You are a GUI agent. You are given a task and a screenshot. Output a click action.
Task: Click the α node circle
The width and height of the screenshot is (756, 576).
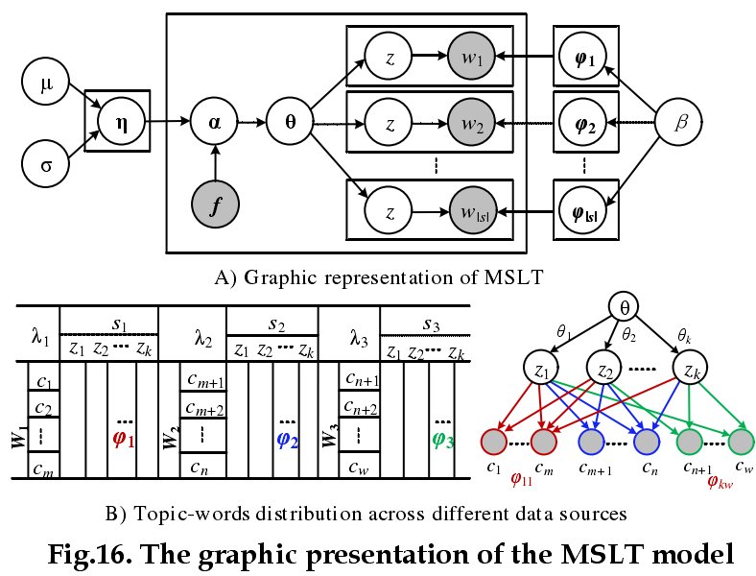click(x=215, y=122)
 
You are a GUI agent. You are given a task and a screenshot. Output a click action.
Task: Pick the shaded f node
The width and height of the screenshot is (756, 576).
click(x=215, y=204)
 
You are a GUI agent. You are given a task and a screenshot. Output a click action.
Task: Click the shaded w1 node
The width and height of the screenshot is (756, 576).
click(x=470, y=57)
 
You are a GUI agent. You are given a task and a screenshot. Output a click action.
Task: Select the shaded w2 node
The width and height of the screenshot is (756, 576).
click(x=470, y=123)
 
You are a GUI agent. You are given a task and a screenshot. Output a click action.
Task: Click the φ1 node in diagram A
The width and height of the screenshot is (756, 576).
click(x=584, y=57)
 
